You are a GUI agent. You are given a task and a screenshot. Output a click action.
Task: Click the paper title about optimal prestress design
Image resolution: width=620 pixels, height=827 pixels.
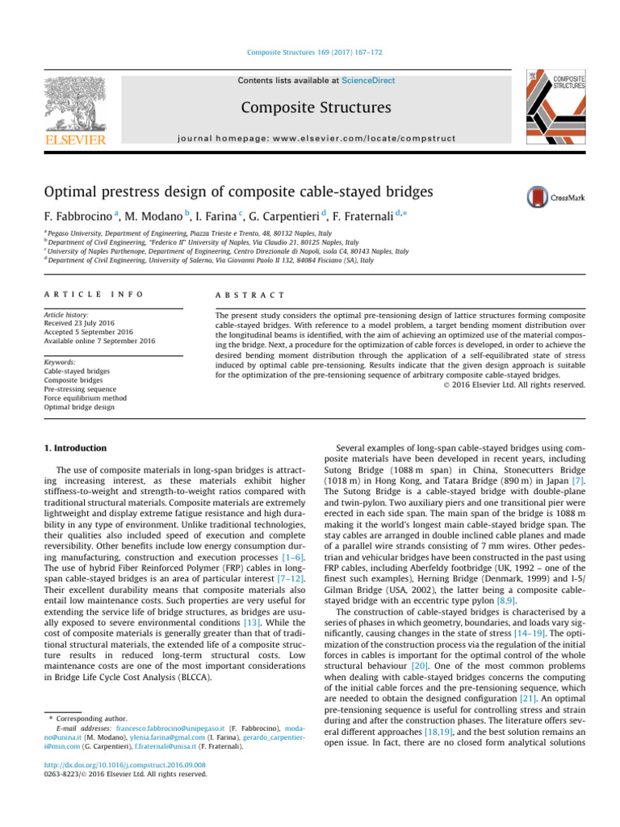point(267,194)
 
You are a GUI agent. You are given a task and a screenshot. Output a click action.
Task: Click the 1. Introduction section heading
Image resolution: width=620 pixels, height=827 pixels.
point(73,447)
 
